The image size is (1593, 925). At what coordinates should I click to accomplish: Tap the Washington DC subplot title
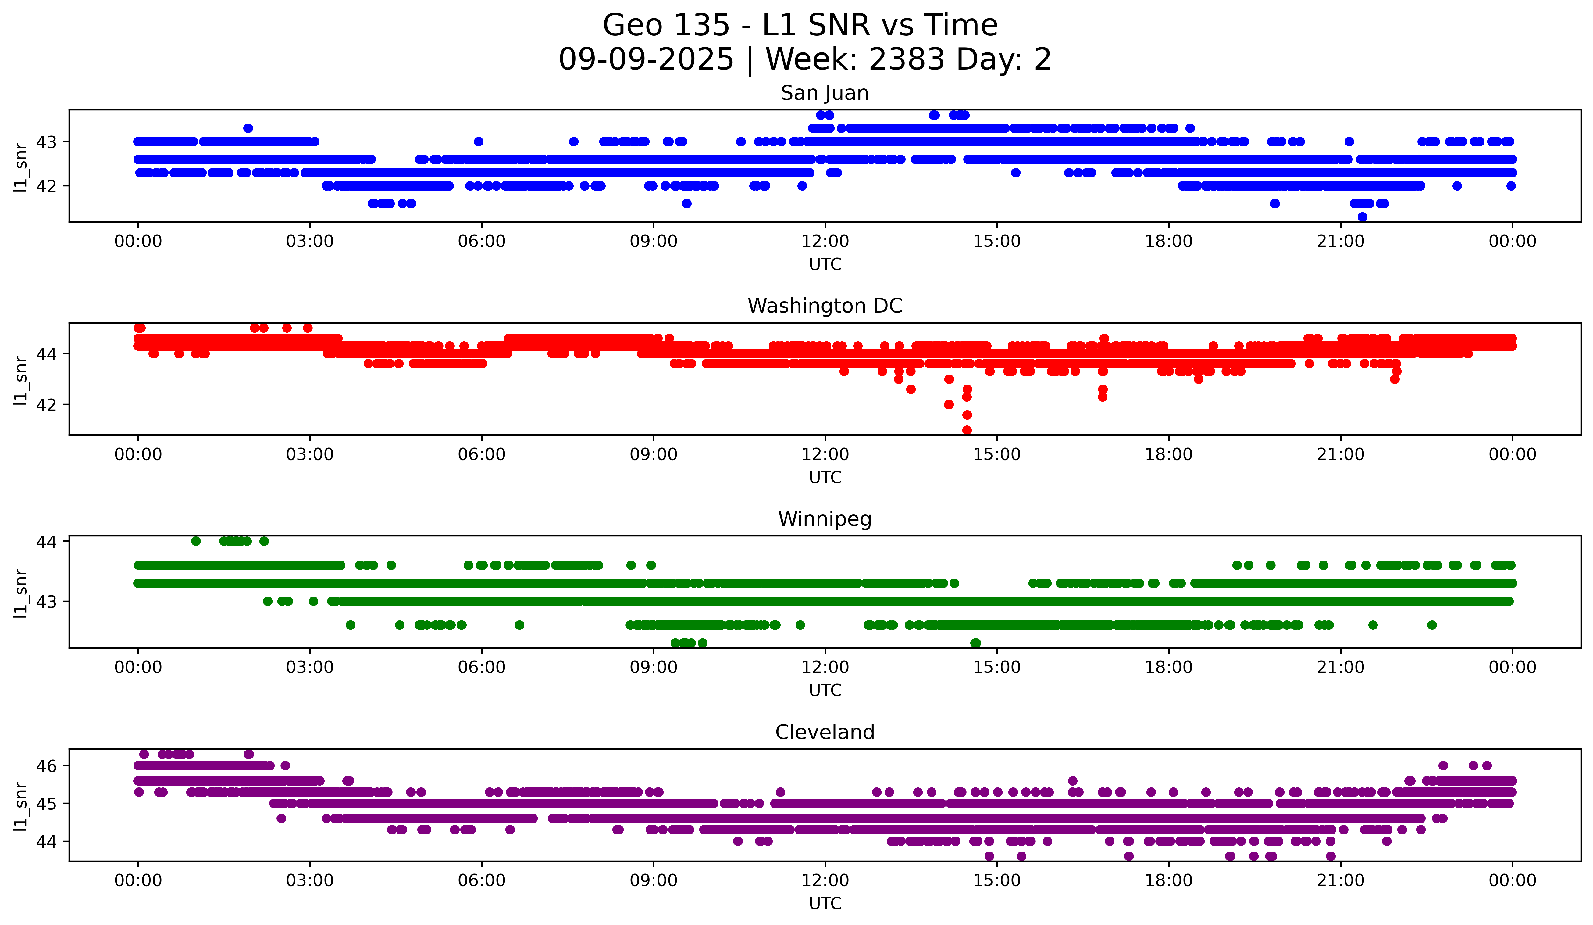click(824, 306)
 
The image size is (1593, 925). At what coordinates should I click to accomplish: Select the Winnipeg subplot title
click(824, 519)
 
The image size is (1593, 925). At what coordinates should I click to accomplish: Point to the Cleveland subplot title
click(824, 732)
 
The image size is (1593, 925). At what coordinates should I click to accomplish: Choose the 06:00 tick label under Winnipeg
click(481, 668)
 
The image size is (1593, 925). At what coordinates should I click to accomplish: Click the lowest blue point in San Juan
click(1362, 217)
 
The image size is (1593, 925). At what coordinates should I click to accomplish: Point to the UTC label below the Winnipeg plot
click(824, 690)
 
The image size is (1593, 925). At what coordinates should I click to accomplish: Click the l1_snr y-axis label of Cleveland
click(20, 805)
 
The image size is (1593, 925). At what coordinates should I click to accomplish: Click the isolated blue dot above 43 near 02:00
click(248, 128)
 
